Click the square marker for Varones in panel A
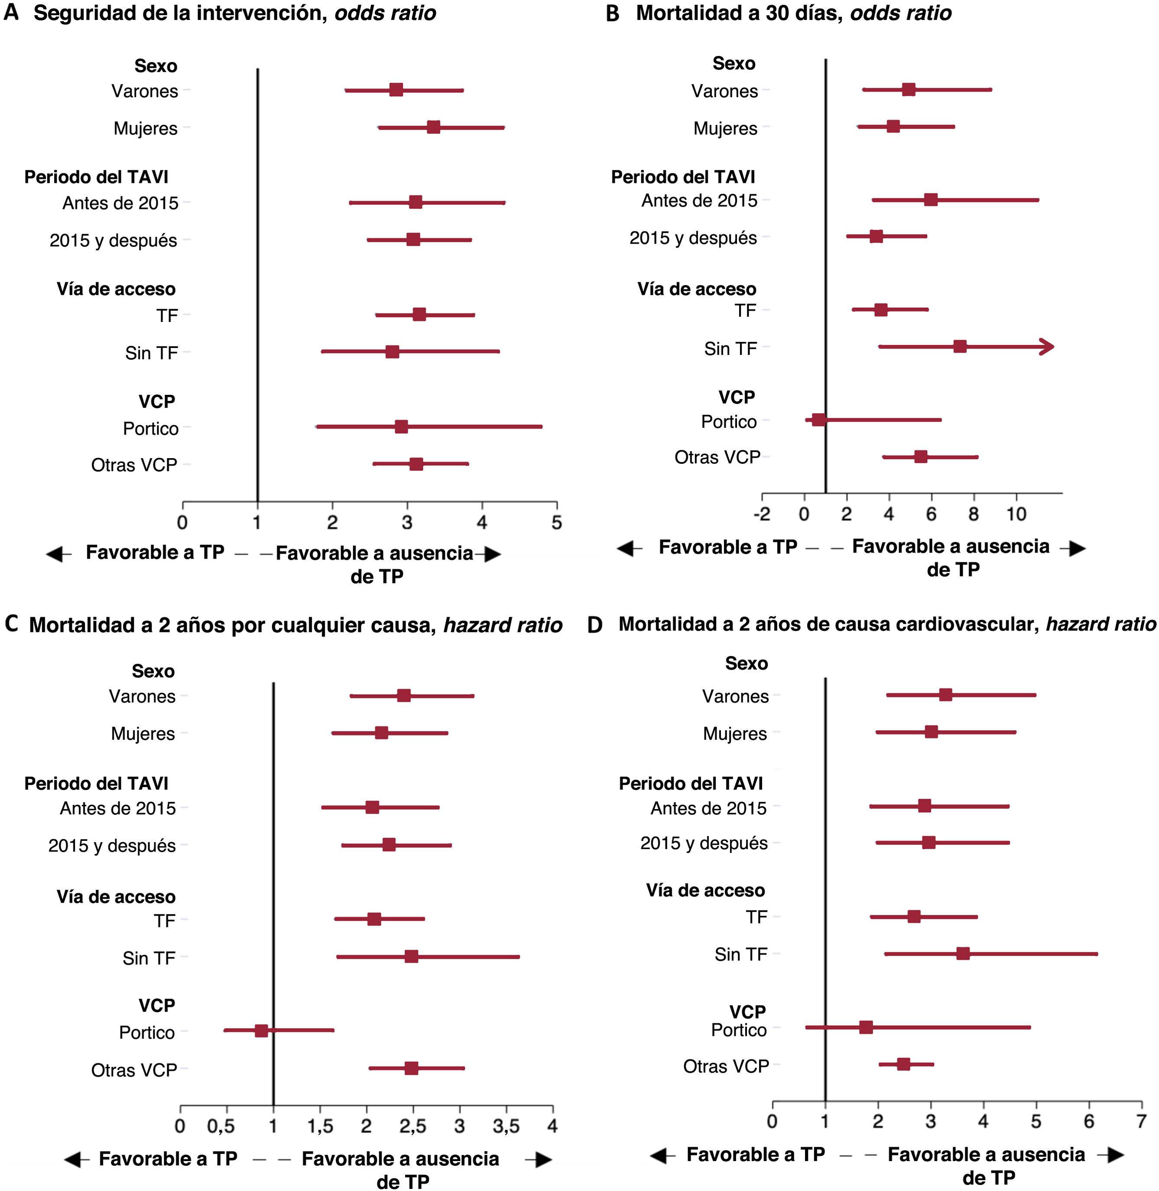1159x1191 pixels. pyautogui.click(x=396, y=90)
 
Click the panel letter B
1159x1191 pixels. pyautogui.click(x=612, y=13)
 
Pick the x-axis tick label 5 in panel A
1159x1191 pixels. pyautogui.click(x=556, y=522)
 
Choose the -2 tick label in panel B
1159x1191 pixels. pyautogui.click(x=762, y=514)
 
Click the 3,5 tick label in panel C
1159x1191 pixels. pyautogui.click(x=506, y=1126)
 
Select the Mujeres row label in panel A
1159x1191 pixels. pyautogui.click(x=146, y=128)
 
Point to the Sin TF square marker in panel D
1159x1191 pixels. pyautogui.click(x=962, y=953)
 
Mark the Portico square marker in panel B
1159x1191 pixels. pyautogui.click(x=819, y=420)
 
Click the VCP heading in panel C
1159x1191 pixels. pyautogui.click(x=156, y=1006)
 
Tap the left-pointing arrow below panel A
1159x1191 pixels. pyautogui.click(x=58, y=554)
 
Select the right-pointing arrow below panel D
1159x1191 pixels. pyautogui.click(x=1114, y=1155)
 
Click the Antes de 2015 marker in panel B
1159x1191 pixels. pyautogui.click(x=931, y=200)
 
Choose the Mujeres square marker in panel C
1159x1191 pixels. pyautogui.click(x=381, y=732)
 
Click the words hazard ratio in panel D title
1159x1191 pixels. pyautogui.click(x=1100, y=624)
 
